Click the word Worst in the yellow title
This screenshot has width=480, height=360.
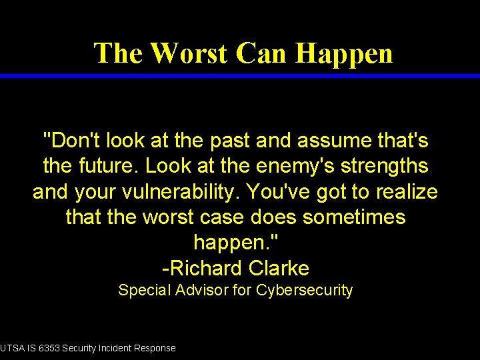coord(189,53)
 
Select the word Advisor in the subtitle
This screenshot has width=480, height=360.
coord(202,290)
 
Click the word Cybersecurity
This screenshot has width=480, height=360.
coord(304,290)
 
